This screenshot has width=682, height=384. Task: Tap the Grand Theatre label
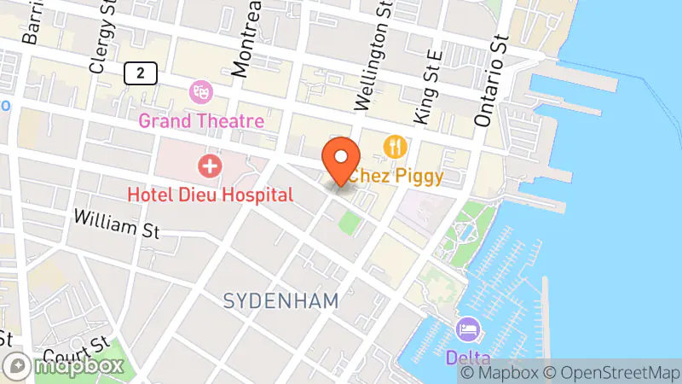click(x=201, y=120)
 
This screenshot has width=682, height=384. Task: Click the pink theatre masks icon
click(x=201, y=90)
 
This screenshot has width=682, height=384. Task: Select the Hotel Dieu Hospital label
click(x=210, y=195)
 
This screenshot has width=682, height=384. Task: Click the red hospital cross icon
click(x=207, y=164)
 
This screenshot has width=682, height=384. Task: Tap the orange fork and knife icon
click(x=393, y=147)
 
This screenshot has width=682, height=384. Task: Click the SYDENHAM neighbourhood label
click(x=281, y=300)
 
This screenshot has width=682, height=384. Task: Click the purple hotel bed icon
click(x=467, y=329)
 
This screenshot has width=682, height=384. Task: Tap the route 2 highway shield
click(x=140, y=73)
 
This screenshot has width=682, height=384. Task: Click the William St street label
click(x=117, y=224)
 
